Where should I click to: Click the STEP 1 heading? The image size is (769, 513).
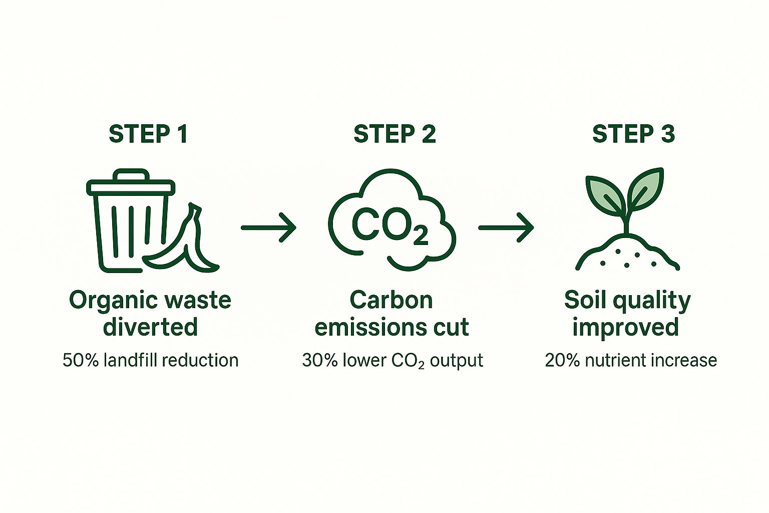pyautogui.click(x=148, y=134)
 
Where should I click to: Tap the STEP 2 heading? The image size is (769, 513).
pyautogui.click(x=395, y=134)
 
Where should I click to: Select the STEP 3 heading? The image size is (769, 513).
pyautogui.click(x=633, y=134)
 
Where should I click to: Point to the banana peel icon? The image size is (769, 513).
pyautogui.click(x=188, y=245)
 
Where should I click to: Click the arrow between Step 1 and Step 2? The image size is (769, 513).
pyautogui.click(x=269, y=227)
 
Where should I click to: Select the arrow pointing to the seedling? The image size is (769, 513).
pyautogui.click(x=506, y=227)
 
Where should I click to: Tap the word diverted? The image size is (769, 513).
pyautogui.click(x=150, y=327)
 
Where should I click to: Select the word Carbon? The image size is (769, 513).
pyautogui.click(x=391, y=301)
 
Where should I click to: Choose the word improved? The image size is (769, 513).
pyautogui.click(x=625, y=327)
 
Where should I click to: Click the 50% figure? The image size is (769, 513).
pyautogui.click(x=80, y=360)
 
